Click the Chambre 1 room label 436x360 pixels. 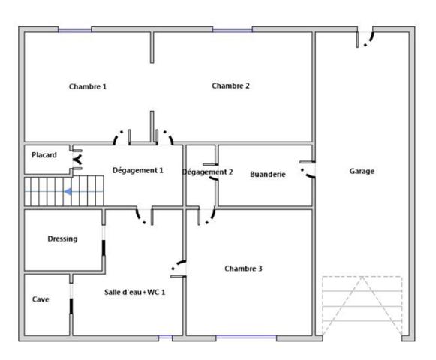(x=88, y=86)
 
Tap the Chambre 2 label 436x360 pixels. (x=230, y=85)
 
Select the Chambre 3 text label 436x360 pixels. (x=243, y=268)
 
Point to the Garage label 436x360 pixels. (x=362, y=171)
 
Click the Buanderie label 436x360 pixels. (x=267, y=174)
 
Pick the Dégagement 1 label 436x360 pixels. (x=137, y=170)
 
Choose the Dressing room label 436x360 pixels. (x=62, y=238)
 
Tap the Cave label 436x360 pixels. (x=41, y=299)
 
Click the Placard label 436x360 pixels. (x=44, y=154)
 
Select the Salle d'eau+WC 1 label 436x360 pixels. (x=134, y=292)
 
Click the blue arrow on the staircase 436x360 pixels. (x=68, y=192)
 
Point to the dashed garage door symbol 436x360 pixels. (x=362, y=306)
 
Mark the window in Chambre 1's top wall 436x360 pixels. (x=75, y=30)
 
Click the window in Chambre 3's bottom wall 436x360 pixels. (x=246, y=337)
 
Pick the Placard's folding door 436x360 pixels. (x=77, y=160)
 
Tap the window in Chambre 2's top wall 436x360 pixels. (x=233, y=30)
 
